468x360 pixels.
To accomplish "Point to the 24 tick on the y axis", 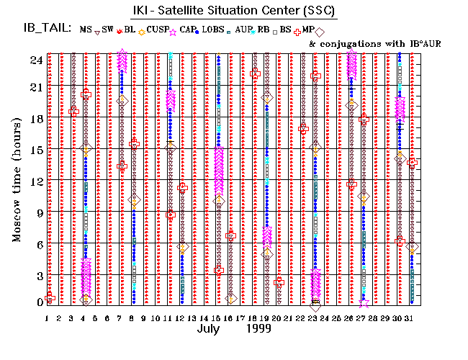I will tap(37, 60).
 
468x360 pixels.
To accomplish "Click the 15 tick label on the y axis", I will tap(37, 150).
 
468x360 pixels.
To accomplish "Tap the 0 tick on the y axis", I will tap(40, 302).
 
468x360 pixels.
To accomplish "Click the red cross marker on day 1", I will tap(50, 297).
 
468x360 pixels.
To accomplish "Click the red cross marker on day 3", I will tap(73, 111).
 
